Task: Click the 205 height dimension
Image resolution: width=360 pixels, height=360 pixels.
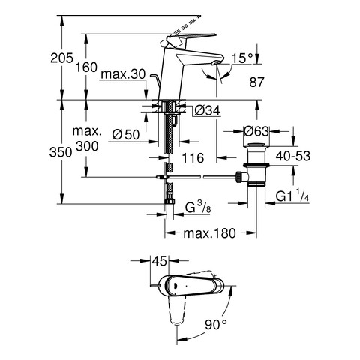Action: click(x=61, y=58)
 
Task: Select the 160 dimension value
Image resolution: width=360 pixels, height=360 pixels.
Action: click(x=86, y=67)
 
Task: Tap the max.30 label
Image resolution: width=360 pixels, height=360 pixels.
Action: click(x=124, y=74)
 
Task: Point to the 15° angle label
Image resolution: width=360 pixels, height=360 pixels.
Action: click(x=242, y=58)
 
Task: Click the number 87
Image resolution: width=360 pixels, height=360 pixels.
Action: click(x=256, y=82)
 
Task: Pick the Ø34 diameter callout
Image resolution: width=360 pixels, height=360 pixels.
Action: click(x=208, y=110)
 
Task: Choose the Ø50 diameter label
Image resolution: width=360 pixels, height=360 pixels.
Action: click(x=126, y=135)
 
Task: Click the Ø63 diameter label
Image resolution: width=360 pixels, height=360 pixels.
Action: click(x=256, y=131)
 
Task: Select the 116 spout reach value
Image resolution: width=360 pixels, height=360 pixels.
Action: click(x=193, y=158)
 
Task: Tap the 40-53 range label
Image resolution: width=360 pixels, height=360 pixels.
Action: click(x=292, y=156)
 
